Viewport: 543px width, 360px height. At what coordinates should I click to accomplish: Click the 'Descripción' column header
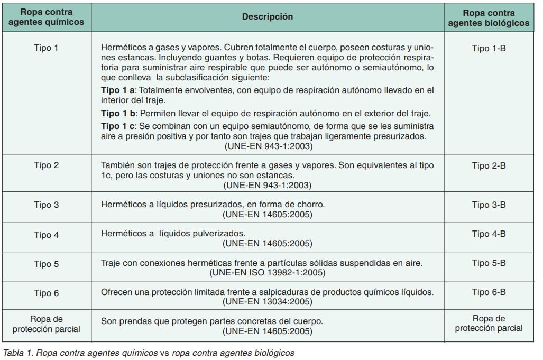point(267,16)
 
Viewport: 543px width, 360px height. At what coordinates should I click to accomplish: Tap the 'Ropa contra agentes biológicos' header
point(489,16)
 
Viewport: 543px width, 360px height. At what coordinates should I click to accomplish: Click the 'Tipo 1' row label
point(45,48)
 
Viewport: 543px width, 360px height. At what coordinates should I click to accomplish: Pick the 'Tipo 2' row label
point(45,165)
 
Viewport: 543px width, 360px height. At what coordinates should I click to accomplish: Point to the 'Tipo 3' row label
point(45,205)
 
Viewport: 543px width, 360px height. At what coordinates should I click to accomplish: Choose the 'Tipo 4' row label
point(45,234)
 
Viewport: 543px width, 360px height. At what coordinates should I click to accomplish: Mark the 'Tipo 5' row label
point(45,263)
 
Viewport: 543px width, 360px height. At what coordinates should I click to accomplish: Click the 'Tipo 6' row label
point(45,292)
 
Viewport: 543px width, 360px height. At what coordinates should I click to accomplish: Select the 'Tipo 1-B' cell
point(489,48)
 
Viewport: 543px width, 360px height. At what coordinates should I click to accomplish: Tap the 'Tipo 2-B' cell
point(489,165)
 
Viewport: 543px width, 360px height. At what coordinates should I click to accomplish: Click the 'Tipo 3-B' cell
point(489,205)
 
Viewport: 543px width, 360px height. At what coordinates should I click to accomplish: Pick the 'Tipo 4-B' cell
point(489,234)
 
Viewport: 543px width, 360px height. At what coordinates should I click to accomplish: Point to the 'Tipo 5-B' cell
point(489,263)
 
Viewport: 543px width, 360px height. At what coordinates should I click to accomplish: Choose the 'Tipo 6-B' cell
point(489,292)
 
